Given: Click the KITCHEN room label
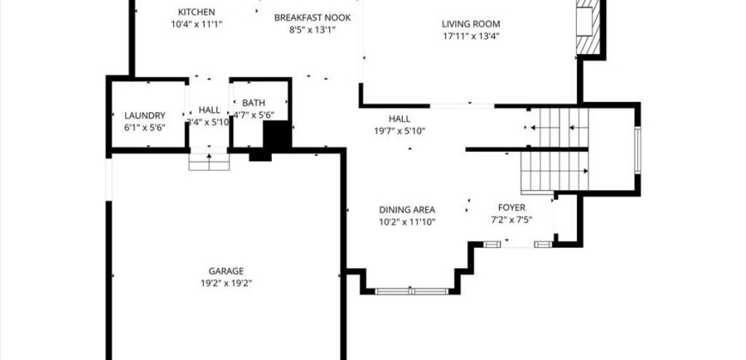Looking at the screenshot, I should click(x=196, y=12).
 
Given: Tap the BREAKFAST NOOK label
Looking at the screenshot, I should click(x=310, y=17).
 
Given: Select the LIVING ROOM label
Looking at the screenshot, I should click(x=471, y=24).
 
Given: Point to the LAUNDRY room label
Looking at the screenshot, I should click(x=144, y=115).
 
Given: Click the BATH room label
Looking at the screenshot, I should click(x=253, y=103).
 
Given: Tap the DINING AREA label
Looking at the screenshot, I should click(x=407, y=209).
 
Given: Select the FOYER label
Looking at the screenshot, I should click(x=512, y=207).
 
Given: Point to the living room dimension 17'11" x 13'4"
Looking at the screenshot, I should click(x=471, y=37).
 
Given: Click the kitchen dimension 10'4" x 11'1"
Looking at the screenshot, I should click(x=196, y=25).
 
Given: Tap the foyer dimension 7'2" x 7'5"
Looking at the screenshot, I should click(x=512, y=220).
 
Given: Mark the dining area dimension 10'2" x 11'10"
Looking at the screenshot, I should click(x=407, y=222).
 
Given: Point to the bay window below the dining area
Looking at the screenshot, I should click(x=412, y=291).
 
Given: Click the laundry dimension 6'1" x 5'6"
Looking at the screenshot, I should click(x=144, y=127).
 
